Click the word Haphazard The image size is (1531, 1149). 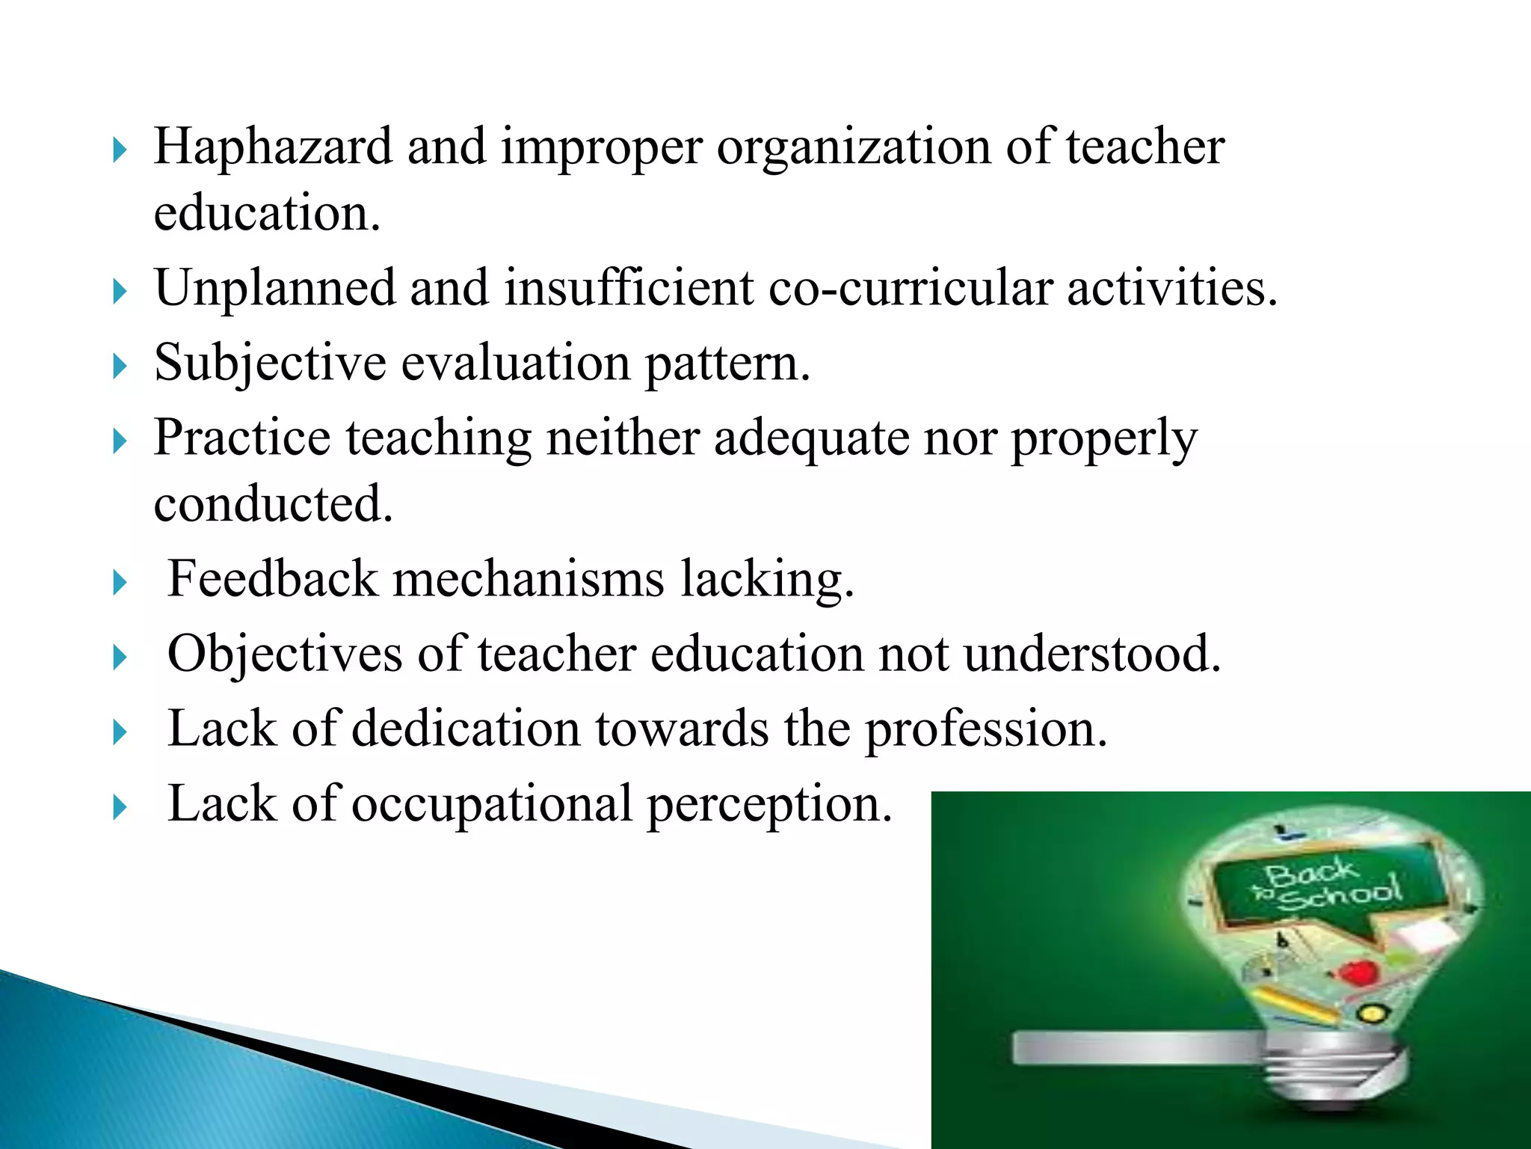(x=272, y=147)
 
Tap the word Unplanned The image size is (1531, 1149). (x=274, y=288)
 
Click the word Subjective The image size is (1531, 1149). (x=270, y=364)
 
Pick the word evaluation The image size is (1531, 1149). (x=516, y=364)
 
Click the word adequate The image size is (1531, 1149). (x=811, y=439)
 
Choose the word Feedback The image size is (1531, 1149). (x=273, y=579)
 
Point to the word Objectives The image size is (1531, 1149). (x=285, y=655)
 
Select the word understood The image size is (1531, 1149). (x=1091, y=655)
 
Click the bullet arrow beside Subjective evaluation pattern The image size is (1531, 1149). (x=120, y=367)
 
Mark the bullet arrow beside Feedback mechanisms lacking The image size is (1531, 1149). (x=120, y=583)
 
